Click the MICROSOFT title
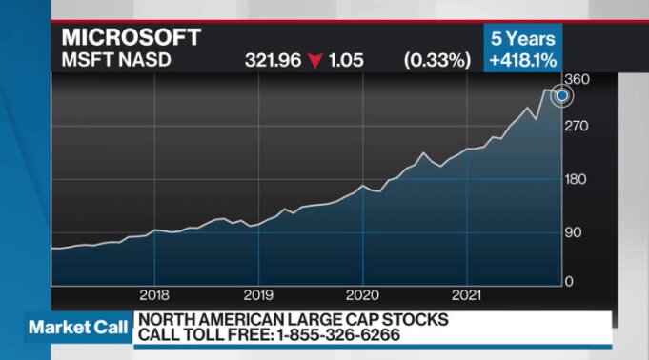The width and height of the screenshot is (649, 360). point(132,38)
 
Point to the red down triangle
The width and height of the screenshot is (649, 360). point(316,60)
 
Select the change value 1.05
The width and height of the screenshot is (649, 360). point(347,60)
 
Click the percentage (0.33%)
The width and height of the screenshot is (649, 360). point(437,60)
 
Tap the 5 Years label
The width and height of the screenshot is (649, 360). point(523,40)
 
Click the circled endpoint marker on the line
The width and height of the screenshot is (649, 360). point(562,95)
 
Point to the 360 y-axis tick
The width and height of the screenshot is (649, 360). point(578,79)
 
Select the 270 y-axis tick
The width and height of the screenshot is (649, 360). point(578,126)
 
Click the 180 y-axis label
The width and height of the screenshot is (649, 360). point(578,179)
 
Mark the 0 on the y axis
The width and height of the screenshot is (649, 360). point(569,282)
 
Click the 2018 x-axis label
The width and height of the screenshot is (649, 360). point(153,293)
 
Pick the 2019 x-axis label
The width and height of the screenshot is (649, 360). point(258,293)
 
